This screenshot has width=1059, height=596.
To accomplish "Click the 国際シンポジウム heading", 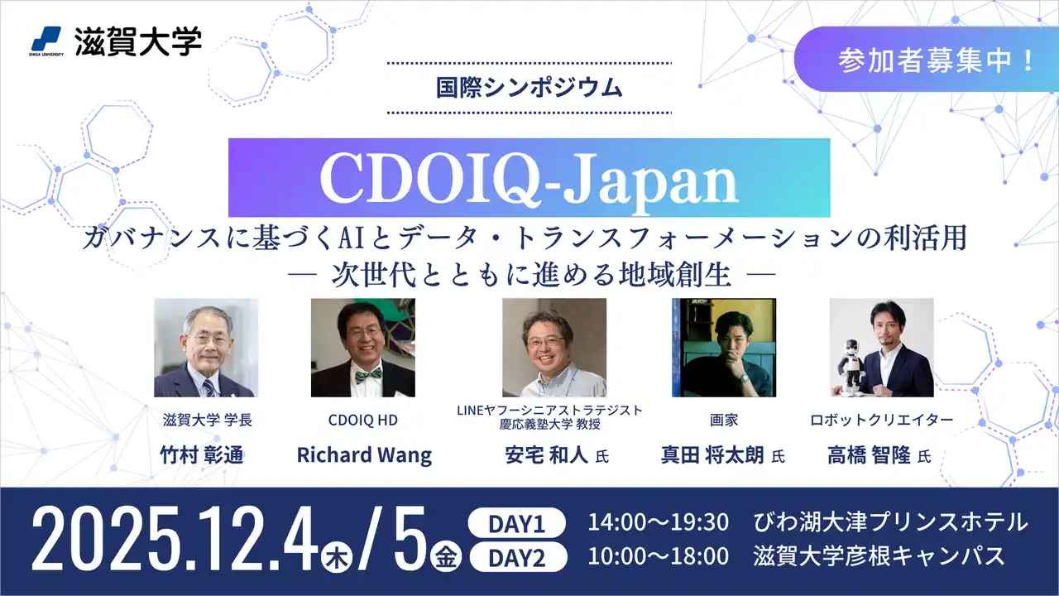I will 529,87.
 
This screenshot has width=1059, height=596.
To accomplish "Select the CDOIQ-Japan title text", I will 529,177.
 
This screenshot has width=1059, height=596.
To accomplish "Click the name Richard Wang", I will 364,455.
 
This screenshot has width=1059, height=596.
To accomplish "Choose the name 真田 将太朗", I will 712,455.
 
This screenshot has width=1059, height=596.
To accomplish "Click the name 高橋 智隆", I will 869,455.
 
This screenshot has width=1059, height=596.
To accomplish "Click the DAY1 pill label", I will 516,523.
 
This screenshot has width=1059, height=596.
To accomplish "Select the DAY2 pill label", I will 516,557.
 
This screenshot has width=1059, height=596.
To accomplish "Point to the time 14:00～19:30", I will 658,523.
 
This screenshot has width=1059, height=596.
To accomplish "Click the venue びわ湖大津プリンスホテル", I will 890,523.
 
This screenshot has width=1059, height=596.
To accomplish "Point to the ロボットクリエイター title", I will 881,421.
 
